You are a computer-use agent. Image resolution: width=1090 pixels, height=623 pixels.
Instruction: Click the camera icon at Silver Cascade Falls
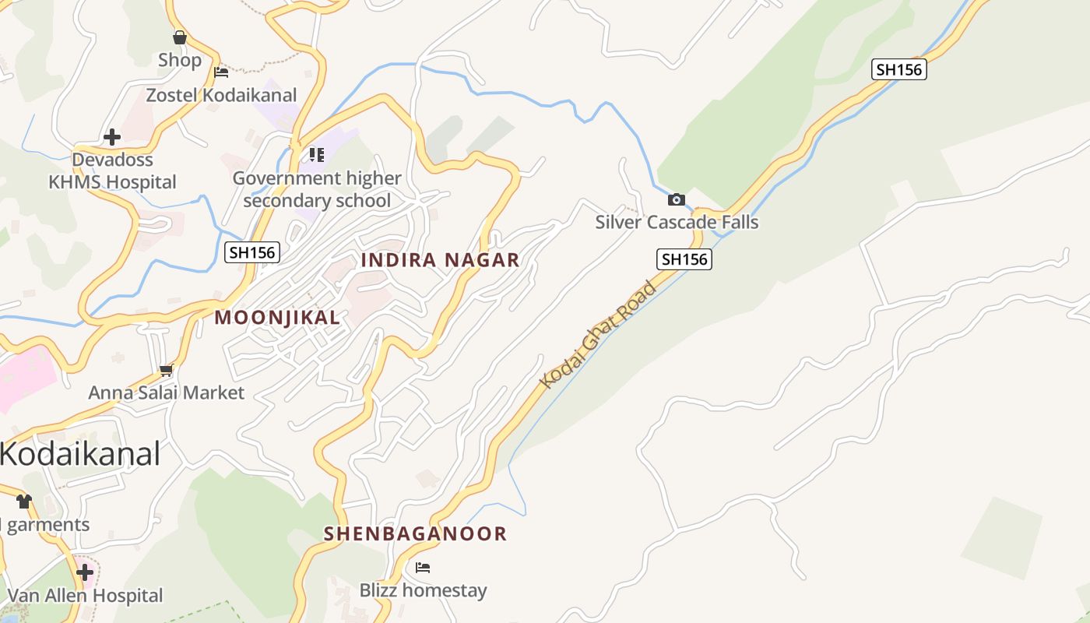[x=677, y=199]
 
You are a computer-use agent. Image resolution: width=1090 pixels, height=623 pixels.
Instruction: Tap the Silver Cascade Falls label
[x=677, y=222]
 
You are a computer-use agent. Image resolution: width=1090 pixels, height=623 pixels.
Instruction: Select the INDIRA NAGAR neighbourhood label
[x=440, y=260]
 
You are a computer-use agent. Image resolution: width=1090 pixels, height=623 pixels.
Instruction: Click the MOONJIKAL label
[x=277, y=318]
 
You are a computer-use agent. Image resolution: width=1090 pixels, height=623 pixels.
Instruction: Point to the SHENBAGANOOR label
[x=415, y=533]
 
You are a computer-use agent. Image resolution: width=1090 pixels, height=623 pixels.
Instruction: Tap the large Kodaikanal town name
[x=80, y=453]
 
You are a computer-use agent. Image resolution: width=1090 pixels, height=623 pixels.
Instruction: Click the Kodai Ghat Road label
[x=599, y=335]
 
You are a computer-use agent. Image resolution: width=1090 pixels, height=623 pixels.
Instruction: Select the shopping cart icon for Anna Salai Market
[x=166, y=371]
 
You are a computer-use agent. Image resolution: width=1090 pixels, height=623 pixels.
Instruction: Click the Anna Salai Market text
[x=166, y=392]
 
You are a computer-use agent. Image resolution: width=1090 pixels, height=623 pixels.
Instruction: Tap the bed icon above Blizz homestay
[x=423, y=567]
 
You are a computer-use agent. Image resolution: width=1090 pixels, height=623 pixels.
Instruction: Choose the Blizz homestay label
[x=423, y=590]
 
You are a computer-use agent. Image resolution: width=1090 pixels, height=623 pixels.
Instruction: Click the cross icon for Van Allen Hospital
[x=85, y=573]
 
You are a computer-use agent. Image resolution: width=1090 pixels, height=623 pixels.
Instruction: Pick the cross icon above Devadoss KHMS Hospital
[x=112, y=137]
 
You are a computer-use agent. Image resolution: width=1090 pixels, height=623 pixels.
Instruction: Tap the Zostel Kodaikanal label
[x=222, y=95]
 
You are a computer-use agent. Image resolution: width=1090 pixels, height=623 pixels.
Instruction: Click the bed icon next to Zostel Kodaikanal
[x=221, y=72]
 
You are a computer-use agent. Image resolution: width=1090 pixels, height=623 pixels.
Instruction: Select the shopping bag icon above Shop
[x=180, y=37]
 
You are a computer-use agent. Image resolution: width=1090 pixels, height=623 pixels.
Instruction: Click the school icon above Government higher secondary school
[x=316, y=154]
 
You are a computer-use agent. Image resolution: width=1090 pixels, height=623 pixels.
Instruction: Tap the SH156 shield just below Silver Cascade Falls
[x=684, y=259]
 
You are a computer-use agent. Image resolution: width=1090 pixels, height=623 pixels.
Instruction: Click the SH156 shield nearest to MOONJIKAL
[x=251, y=252]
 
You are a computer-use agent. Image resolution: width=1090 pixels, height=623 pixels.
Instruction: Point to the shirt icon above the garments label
[x=24, y=502]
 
